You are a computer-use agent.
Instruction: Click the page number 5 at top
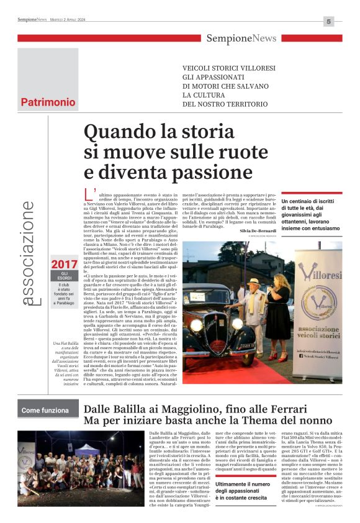click(329, 22)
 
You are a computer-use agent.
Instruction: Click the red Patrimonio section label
click(48, 102)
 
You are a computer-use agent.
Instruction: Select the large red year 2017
click(65, 265)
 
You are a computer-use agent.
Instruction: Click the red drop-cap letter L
click(88, 194)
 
